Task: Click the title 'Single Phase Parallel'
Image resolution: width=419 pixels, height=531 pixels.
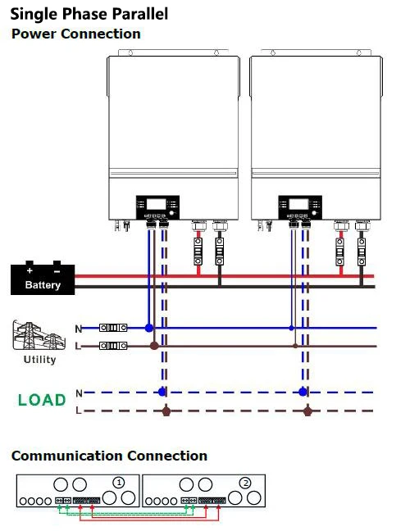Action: [x=89, y=14]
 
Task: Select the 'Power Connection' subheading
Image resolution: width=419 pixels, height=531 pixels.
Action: [x=75, y=34]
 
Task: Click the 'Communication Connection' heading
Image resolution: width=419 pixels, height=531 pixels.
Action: [x=109, y=456]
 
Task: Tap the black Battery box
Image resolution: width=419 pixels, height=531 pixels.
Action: [x=43, y=279]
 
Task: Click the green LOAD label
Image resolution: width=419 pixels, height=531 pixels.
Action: [x=42, y=400]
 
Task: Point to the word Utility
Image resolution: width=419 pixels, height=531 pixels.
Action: [x=39, y=360]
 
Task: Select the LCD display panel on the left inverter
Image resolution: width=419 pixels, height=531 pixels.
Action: [x=152, y=205]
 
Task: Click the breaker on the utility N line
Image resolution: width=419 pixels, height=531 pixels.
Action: [x=113, y=328]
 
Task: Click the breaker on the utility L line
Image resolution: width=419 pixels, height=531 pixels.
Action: [x=113, y=346]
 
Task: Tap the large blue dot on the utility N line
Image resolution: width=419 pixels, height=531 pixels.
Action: [x=148, y=328]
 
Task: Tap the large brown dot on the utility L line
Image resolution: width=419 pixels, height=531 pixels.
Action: [x=154, y=346]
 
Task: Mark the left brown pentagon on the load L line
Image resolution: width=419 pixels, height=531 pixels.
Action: [x=167, y=410]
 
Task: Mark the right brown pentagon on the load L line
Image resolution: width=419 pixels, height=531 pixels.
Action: [x=308, y=410]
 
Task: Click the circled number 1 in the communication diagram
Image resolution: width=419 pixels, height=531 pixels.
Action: [x=120, y=483]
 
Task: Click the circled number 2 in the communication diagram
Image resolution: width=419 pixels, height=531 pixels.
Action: [x=246, y=483]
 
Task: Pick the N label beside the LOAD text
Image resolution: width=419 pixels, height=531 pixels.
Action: [x=79, y=393]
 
